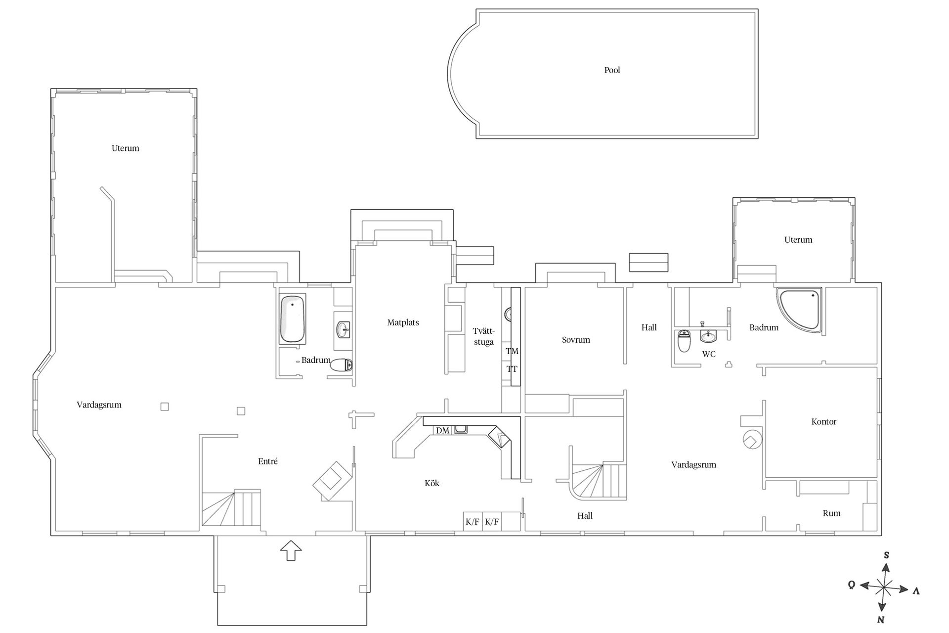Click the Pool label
tap(612, 70)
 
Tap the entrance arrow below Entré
tap(291, 550)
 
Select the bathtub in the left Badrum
tap(292, 319)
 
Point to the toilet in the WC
tap(684, 341)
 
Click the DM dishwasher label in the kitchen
tap(442, 431)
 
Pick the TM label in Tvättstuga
tap(512, 351)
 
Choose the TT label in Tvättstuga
tap(512, 369)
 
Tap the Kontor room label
tap(823, 422)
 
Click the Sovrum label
tap(576, 340)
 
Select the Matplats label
tap(403, 322)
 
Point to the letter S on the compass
tap(886, 555)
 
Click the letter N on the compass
tap(881, 620)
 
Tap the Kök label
tap(431, 483)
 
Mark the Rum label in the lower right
tap(831, 513)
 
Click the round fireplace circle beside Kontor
tap(752, 440)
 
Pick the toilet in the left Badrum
tap(341, 365)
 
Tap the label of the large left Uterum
tap(125, 148)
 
